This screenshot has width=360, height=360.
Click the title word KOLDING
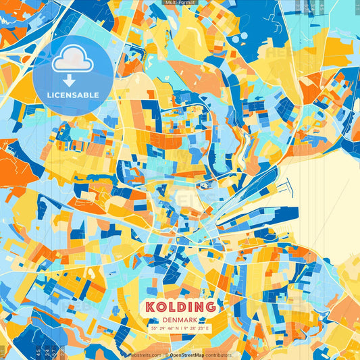point(180,307)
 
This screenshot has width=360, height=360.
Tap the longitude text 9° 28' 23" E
point(197,328)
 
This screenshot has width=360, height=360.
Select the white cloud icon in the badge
point(72,59)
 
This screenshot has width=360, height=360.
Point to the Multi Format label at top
point(180,3)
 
